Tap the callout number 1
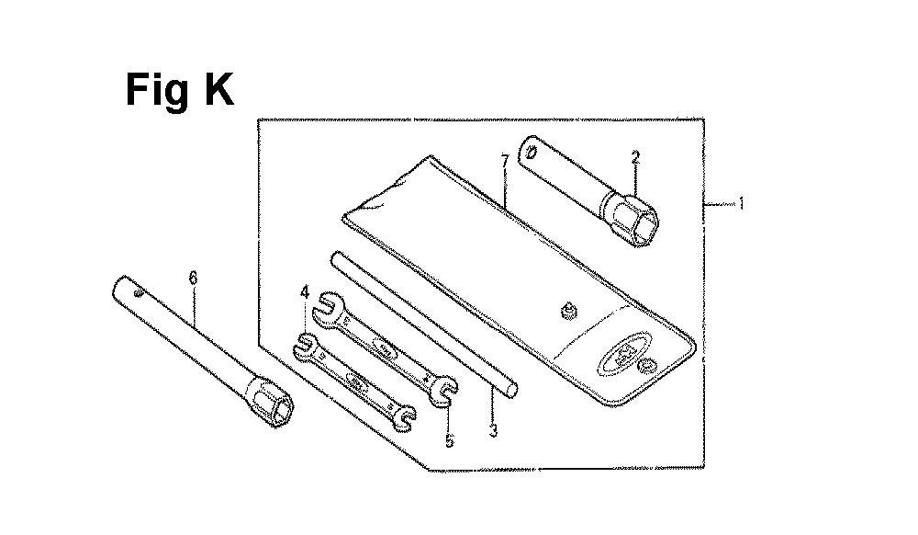point(742,204)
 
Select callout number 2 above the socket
point(635,157)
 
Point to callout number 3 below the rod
point(493,431)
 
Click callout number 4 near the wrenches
point(305,291)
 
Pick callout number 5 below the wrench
point(449,440)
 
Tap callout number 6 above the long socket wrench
point(193,278)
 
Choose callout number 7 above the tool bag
point(505,160)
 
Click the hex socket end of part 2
point(633,222)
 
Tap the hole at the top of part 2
point(531,151)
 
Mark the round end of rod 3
point(511,389)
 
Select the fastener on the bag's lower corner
point(648,369)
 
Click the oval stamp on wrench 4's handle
point(355,386)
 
